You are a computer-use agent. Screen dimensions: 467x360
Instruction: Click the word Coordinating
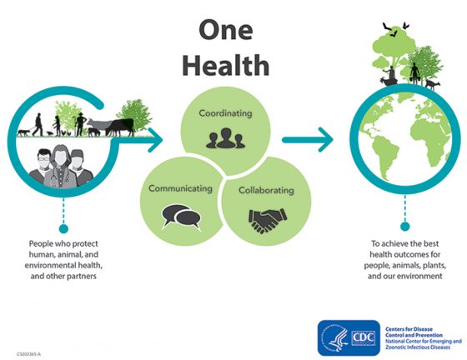coord(225,113)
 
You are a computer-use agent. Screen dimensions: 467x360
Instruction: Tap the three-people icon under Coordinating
coord(225,138)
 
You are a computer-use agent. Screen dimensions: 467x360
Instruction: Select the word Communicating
coord(180,188)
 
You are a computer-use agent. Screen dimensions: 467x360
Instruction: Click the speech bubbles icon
coord(181,217)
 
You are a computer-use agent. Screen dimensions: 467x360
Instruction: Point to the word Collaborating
coord(266,190)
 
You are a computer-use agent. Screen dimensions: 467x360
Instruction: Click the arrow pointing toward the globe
coord(308,139)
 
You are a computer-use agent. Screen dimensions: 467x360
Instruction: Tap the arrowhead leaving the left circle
coord(155,140)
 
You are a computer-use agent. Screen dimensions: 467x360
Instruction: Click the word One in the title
coord(226,30)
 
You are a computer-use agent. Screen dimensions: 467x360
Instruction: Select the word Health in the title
coord(226,64)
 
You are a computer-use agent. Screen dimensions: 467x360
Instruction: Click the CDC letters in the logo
coord(363,338)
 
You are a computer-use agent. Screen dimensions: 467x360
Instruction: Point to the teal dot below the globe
coord(404,227)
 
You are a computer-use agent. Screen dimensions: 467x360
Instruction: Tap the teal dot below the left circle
coord(63,229)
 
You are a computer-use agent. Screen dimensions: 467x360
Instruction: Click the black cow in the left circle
coord(121,127)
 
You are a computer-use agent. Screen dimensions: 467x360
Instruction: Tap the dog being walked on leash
coord(24,132)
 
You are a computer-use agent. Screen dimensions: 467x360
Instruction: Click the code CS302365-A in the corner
coord(29,354)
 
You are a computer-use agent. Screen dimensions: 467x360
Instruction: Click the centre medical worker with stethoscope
coord(60,167)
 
